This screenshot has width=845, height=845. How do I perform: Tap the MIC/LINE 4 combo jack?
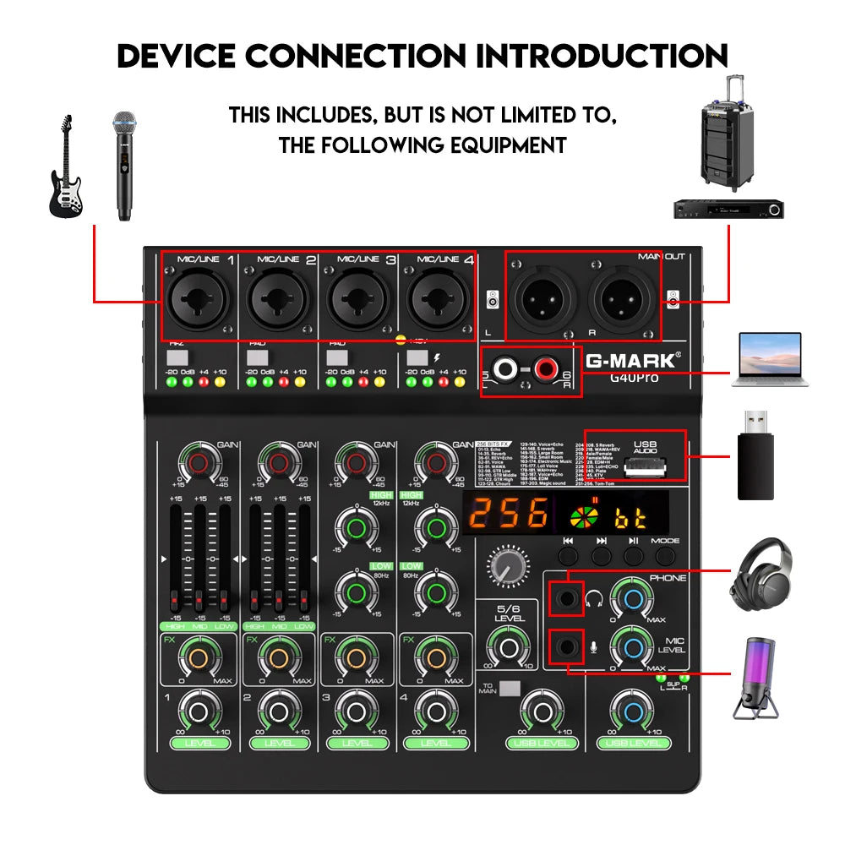pos(439,298)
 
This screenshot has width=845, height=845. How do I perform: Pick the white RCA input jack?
pos(509,368)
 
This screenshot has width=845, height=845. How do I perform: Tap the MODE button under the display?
pos(666,555)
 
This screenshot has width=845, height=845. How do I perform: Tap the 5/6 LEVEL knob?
pos(509,648)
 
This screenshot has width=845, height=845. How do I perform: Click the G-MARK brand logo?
pos(630,360)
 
